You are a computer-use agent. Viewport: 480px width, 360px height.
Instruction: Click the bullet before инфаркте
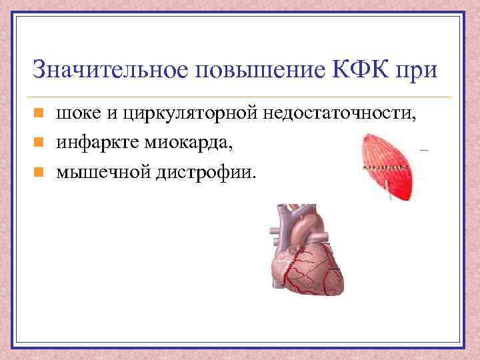[39, 143]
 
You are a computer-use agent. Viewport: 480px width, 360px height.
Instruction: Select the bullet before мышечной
[39, 171]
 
